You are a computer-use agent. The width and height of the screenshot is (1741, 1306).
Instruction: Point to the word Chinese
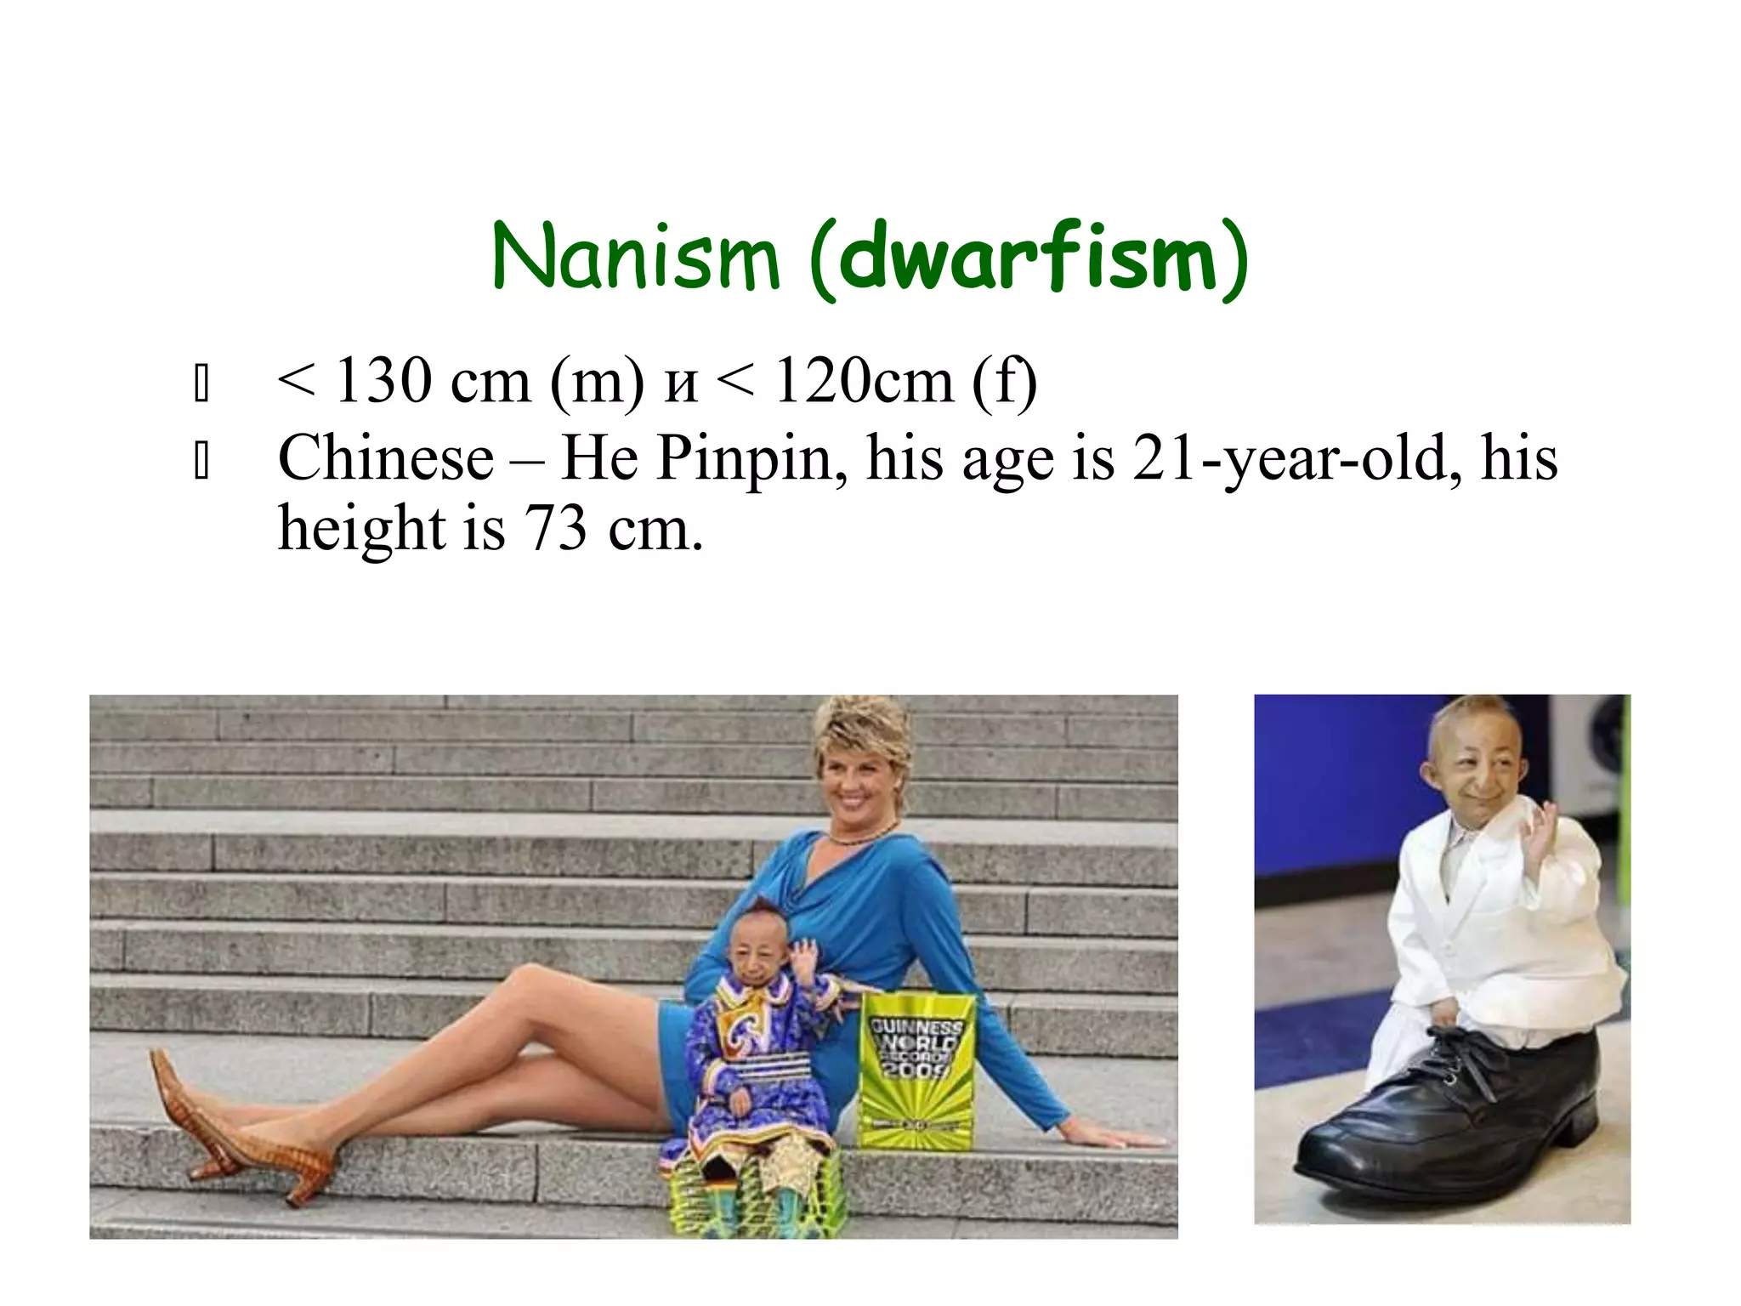(386, 459)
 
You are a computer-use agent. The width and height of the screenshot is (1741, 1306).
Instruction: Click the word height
(362, 529)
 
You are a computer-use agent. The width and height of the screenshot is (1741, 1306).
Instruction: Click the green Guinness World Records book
(916, 1071)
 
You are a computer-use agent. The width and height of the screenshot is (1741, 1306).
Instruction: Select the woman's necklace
(860, 837)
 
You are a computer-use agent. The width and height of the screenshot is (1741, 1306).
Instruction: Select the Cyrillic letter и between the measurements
(681, 384)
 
